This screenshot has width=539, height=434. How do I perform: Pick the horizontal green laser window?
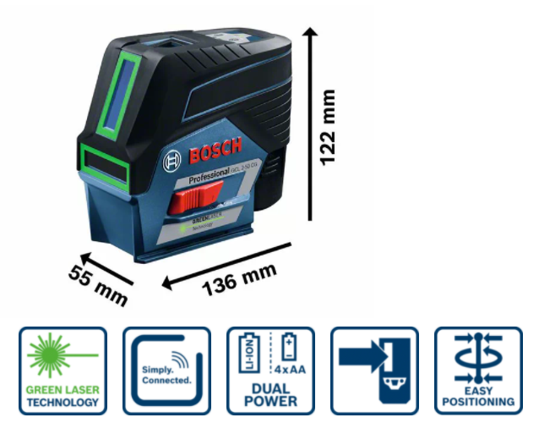[103, 163]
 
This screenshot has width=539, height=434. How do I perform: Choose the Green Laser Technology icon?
[63, 371]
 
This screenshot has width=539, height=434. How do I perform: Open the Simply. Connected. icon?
[166, 371]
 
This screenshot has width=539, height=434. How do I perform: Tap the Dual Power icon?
[269, 371]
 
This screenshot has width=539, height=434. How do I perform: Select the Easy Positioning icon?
[477, 371]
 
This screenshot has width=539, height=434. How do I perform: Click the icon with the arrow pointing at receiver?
[373, 371]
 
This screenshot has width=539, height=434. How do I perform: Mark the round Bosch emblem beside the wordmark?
[175, 161]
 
